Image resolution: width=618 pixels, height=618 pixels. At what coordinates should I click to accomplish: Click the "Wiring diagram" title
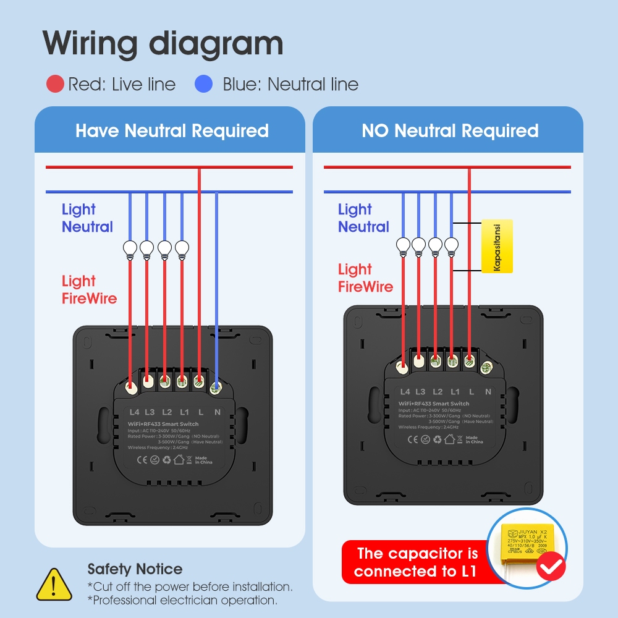point(163,44)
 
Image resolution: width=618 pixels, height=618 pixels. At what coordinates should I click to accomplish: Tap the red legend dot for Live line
point(55,84)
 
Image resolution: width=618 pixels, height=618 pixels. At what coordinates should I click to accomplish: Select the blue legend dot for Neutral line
point(203,84)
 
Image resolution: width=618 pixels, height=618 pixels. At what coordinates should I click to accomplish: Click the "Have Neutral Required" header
point(172,131)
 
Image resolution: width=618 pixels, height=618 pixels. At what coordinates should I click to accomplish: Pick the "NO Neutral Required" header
point(450,131)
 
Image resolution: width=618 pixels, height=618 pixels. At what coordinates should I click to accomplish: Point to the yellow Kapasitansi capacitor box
point(497,246)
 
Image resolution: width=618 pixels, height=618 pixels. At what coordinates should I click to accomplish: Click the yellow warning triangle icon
point(54,585)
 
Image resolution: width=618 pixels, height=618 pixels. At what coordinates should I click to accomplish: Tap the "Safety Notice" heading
point(135,569)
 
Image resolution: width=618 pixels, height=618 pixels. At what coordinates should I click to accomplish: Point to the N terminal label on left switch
point(217,412)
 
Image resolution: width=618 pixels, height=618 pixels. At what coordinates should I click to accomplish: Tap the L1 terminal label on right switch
point(455,392)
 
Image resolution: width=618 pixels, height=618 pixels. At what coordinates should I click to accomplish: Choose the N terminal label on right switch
point(488,392)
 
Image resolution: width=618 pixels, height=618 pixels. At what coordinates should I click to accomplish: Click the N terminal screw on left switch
point(216,388)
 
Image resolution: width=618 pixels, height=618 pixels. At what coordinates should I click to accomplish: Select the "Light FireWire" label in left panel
point(89,290)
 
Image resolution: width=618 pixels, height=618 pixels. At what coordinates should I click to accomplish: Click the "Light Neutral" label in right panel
point(363,218)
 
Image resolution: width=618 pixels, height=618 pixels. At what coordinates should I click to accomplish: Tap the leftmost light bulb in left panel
point(130,248)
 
